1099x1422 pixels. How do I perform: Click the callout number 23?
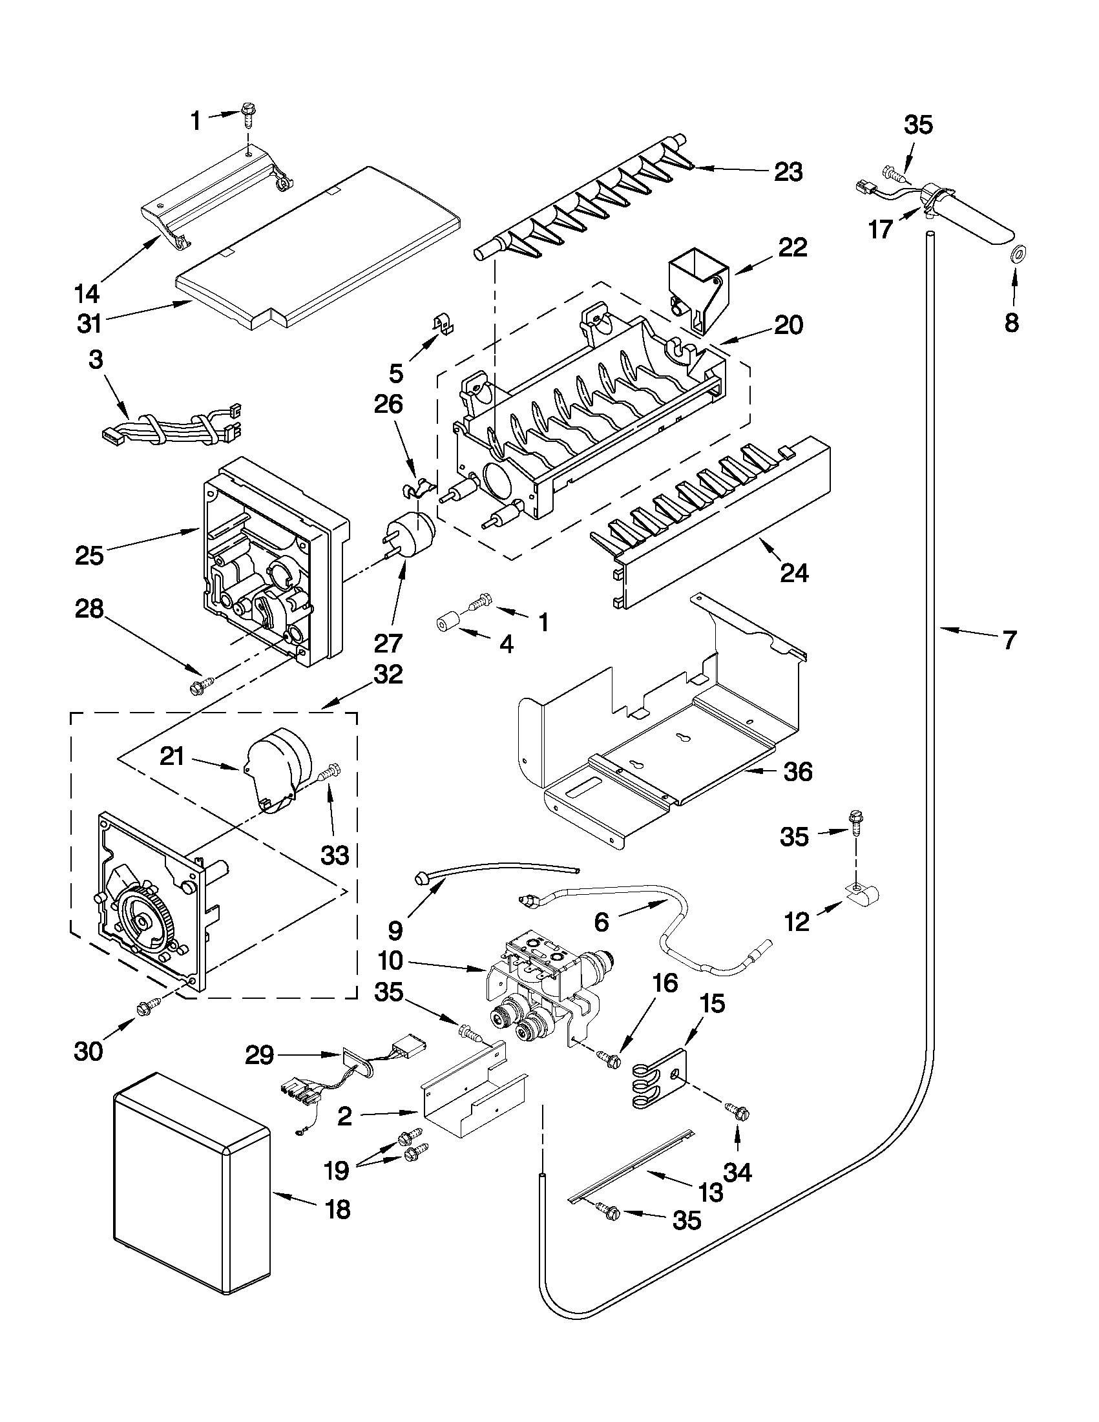[788, 172]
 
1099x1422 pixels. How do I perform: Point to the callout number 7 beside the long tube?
[1009, 640]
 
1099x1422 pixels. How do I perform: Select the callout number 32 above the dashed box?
[388, 674]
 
